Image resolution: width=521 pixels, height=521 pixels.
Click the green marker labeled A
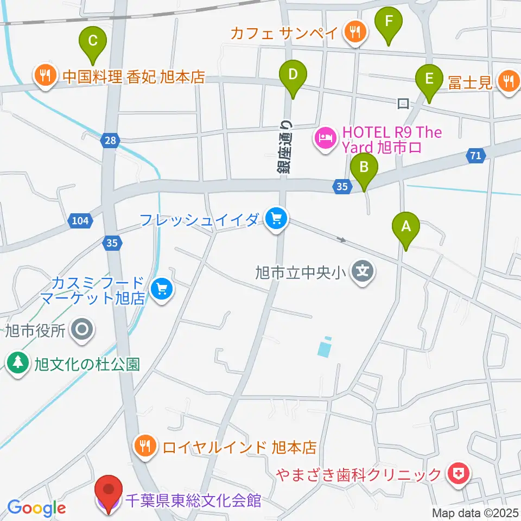[406, 228]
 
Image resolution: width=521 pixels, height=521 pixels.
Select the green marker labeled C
[93, 41]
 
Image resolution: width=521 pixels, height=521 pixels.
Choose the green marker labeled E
[429, 80]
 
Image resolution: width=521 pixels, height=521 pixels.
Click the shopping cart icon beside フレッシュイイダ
[277, 219]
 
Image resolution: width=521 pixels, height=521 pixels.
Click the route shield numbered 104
[80, 220]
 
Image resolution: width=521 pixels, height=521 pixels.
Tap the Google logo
[36, 509]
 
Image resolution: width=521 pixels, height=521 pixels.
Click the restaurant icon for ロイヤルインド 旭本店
[144, 446]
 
